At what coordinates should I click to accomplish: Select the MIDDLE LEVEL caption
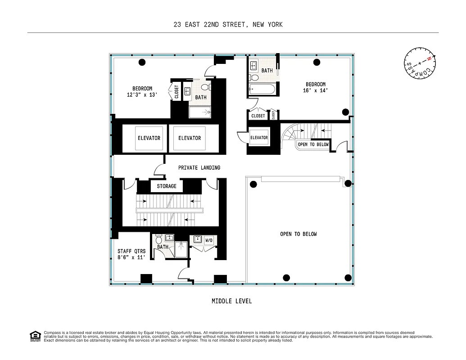[x=231, y=301]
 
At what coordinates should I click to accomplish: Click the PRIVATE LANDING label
[x=199, y=168]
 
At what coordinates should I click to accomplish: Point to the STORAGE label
[x=166, y=186]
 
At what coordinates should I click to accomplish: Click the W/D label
[x=209, y=240]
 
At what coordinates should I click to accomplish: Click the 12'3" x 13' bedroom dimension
[x=142, y=95]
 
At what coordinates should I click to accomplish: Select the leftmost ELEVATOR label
[x=149, y=138]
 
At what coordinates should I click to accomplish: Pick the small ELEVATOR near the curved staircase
[x=259, y=138]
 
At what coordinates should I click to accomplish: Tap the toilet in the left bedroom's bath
[x=205, y=87]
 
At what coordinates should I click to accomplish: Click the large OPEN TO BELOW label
[x=298, y=234]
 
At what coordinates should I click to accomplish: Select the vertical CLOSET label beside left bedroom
[x=176, y=92]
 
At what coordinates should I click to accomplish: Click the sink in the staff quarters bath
[x=170, y=238]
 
